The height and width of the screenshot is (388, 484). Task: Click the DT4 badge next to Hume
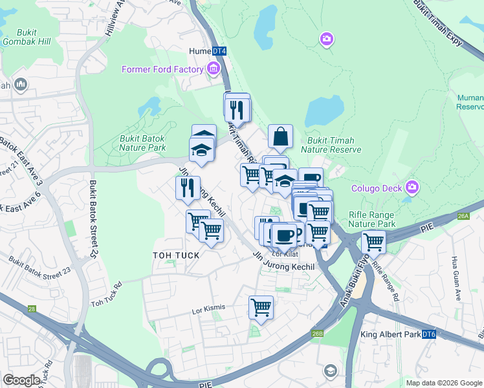(219, 50)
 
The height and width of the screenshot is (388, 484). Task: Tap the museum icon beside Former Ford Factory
(213, 69)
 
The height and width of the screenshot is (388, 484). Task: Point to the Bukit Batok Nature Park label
(142, 143)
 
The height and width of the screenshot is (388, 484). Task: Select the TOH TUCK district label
(175, 255)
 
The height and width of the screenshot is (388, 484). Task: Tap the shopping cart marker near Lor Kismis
(261, 307)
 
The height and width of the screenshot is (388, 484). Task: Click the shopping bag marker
(280, 136)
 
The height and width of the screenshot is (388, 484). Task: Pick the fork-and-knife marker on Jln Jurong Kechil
(187, 188)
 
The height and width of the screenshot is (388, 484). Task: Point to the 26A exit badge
(462, 217)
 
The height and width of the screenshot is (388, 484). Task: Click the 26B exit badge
(317, 334)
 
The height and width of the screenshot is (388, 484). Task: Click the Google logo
(21, 380)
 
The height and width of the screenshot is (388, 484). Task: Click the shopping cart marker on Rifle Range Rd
(373, 242)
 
